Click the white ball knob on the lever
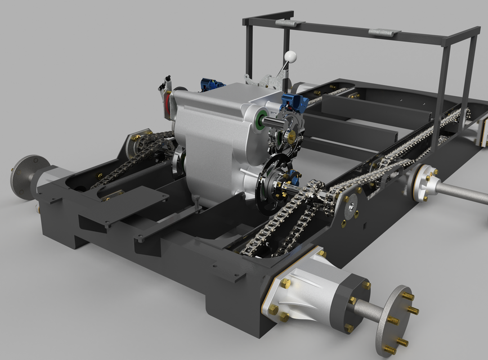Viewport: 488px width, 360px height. click(x=290, y=56)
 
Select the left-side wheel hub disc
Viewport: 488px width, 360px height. click(x=21, y=177)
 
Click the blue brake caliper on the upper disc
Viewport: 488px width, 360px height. click(x=292, y=103)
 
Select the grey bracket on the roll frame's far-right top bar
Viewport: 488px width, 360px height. click(x=384, y=33)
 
